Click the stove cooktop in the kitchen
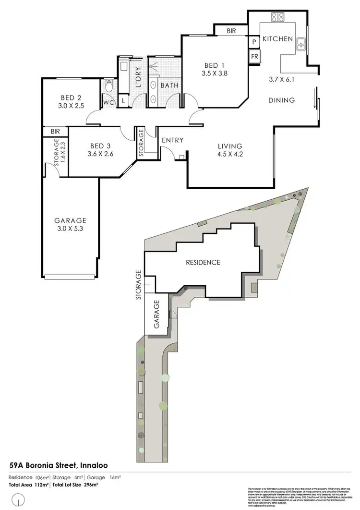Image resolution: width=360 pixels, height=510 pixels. pyautogui.click(x=278, y=18)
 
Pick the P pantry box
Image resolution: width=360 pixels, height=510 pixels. pyautogui.click(x=254, y=42)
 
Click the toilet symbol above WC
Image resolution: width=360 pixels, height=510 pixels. pyautogui.click(x=108, y=87)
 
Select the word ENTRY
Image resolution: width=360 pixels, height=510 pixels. pyautogui.click(x=173, y=140)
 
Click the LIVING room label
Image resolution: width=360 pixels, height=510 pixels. pyautogui.click(x=230, y=146)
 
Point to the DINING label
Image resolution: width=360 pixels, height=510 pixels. pyautogui.click(x=282, y=100)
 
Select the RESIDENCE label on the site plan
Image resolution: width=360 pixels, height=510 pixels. pyautogui.click(x=203, y=262)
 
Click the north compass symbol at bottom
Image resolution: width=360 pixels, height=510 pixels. pyautogui.click(x=18, y=501)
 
